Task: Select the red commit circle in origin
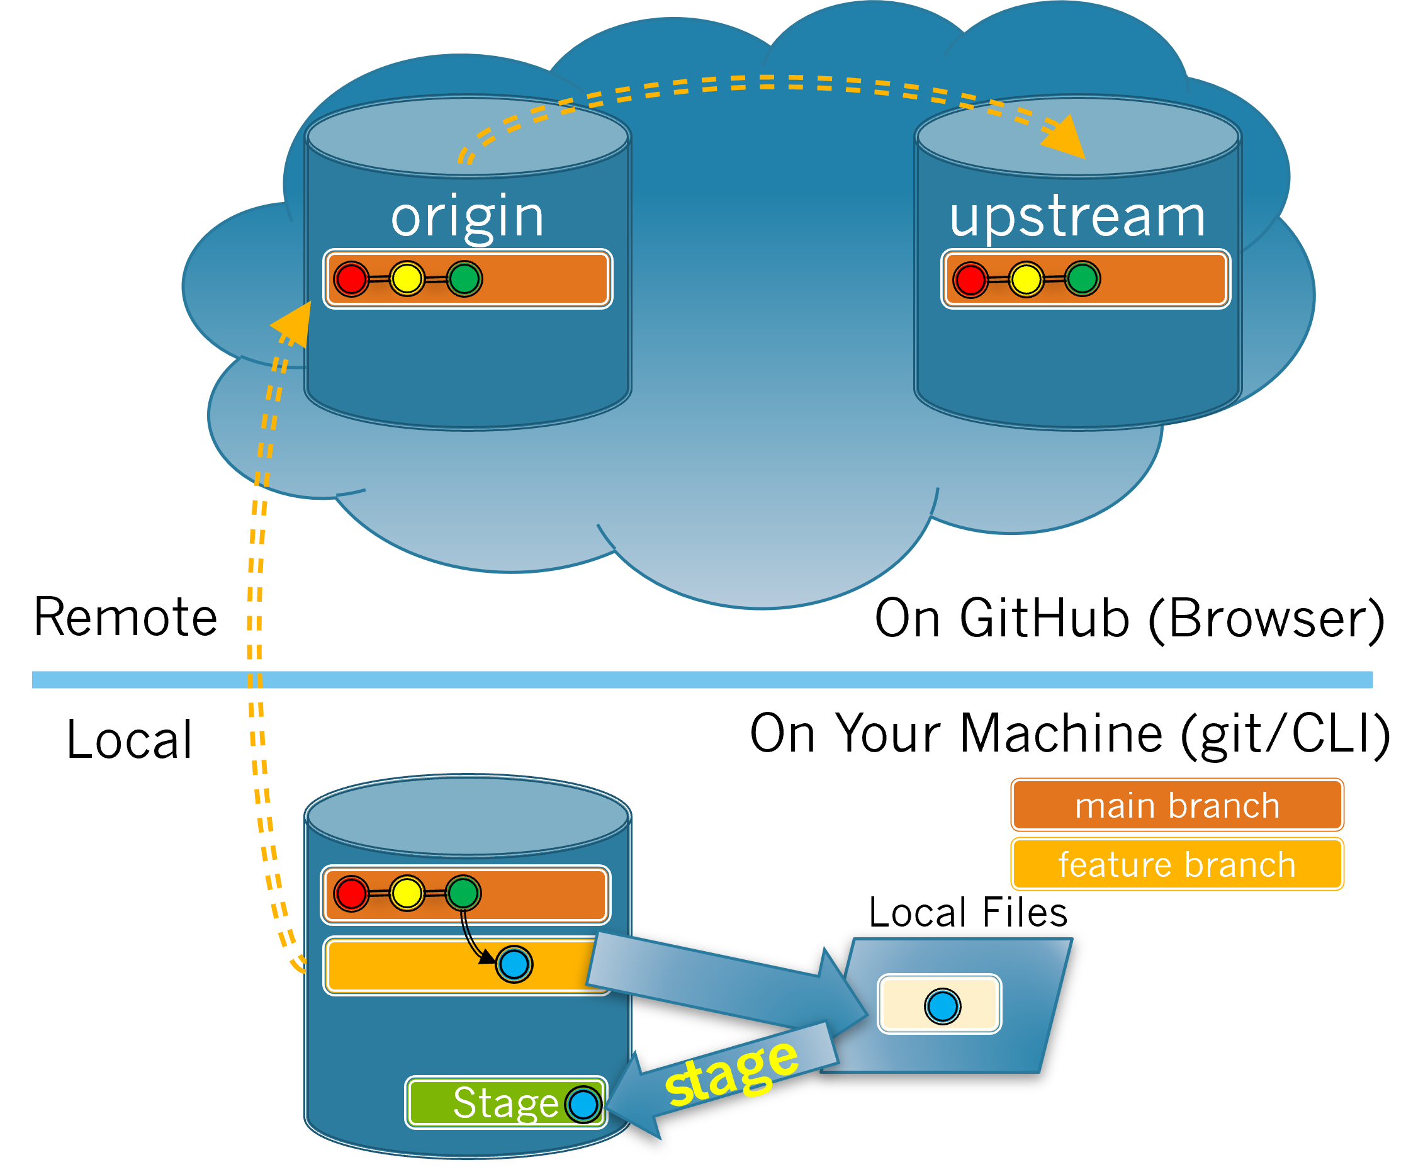[x=352, y=279]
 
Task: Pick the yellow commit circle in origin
[x=407, y=278]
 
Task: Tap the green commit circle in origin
[x=464, y=278]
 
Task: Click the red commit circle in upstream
[x=970, y=279]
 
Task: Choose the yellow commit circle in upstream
[x=1026, y=279]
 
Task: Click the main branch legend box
[x=1177, y=804]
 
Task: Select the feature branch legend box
[x=1177, y=864]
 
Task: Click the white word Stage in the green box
[x=505, y=1103]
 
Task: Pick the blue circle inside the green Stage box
[x=583, y=1104]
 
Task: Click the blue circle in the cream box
[x=942, y=1006]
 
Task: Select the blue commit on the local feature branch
[x=514, y=964]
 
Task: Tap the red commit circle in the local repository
[x=352, y=893]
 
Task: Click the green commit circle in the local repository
[x=463, y=893]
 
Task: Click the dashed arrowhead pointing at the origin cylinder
[x=294, y=324]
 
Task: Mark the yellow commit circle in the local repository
[x=407, y=893]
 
